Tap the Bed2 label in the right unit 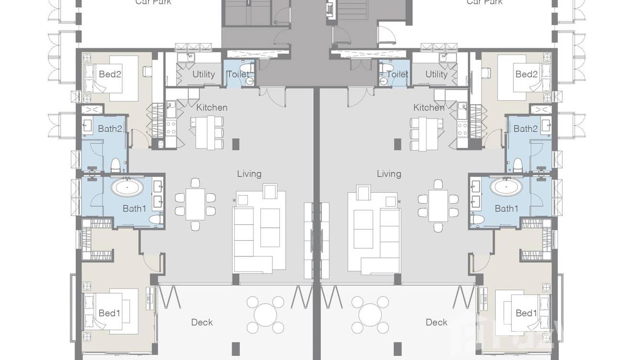pos(526,74)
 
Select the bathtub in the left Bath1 pos(127,187)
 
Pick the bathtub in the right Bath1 pos(506,187)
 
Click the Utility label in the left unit pos(203,74)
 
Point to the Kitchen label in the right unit pos(428,107)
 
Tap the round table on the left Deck pos(265,315)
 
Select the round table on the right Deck pos(370,315)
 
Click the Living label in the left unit pos(249,174)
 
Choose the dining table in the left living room pos(195,204)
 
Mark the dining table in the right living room pos(438,205)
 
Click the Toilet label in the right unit pos(397,74)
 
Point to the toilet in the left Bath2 pos(115,166)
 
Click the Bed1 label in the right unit pos(526,313)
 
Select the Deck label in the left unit pos(202,322)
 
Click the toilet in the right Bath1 pos(477,219)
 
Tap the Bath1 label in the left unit pos(134,208)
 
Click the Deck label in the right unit pos(437,322)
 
